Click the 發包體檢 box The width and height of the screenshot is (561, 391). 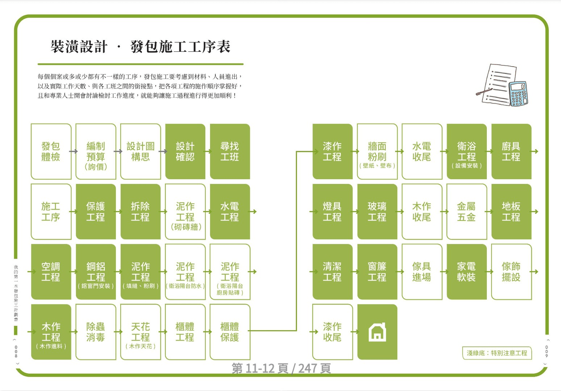click(51, 151)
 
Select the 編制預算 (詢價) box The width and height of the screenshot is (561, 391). click(96, 151)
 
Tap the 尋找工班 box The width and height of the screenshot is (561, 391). click(230, 151)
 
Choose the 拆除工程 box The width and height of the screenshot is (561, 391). click(140, 212)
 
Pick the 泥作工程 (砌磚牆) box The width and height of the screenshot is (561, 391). click(186, 212)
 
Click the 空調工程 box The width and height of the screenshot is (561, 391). click(51, 272)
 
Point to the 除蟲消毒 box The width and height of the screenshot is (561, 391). click(96, 332)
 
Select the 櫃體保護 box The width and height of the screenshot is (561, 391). click(230, 332)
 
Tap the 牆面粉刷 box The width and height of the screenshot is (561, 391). click(377, 151)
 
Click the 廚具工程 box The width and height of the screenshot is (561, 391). click(511, 151)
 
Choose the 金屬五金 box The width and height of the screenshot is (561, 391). click(467, 212)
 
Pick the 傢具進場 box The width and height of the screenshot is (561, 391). click(422, 272)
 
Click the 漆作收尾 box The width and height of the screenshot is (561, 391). click(332, 332)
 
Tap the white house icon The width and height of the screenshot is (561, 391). click(377, 332)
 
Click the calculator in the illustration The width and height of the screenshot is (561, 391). click(518, 94)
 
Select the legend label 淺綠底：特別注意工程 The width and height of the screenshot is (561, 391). click(497, 353)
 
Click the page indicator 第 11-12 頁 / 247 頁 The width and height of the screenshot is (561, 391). click(281, 368)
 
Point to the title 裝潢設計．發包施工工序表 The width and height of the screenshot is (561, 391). click(140, 46)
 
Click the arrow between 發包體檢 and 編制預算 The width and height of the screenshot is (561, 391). click(73, 151)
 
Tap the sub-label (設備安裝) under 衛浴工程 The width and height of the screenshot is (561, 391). click(467, 165)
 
